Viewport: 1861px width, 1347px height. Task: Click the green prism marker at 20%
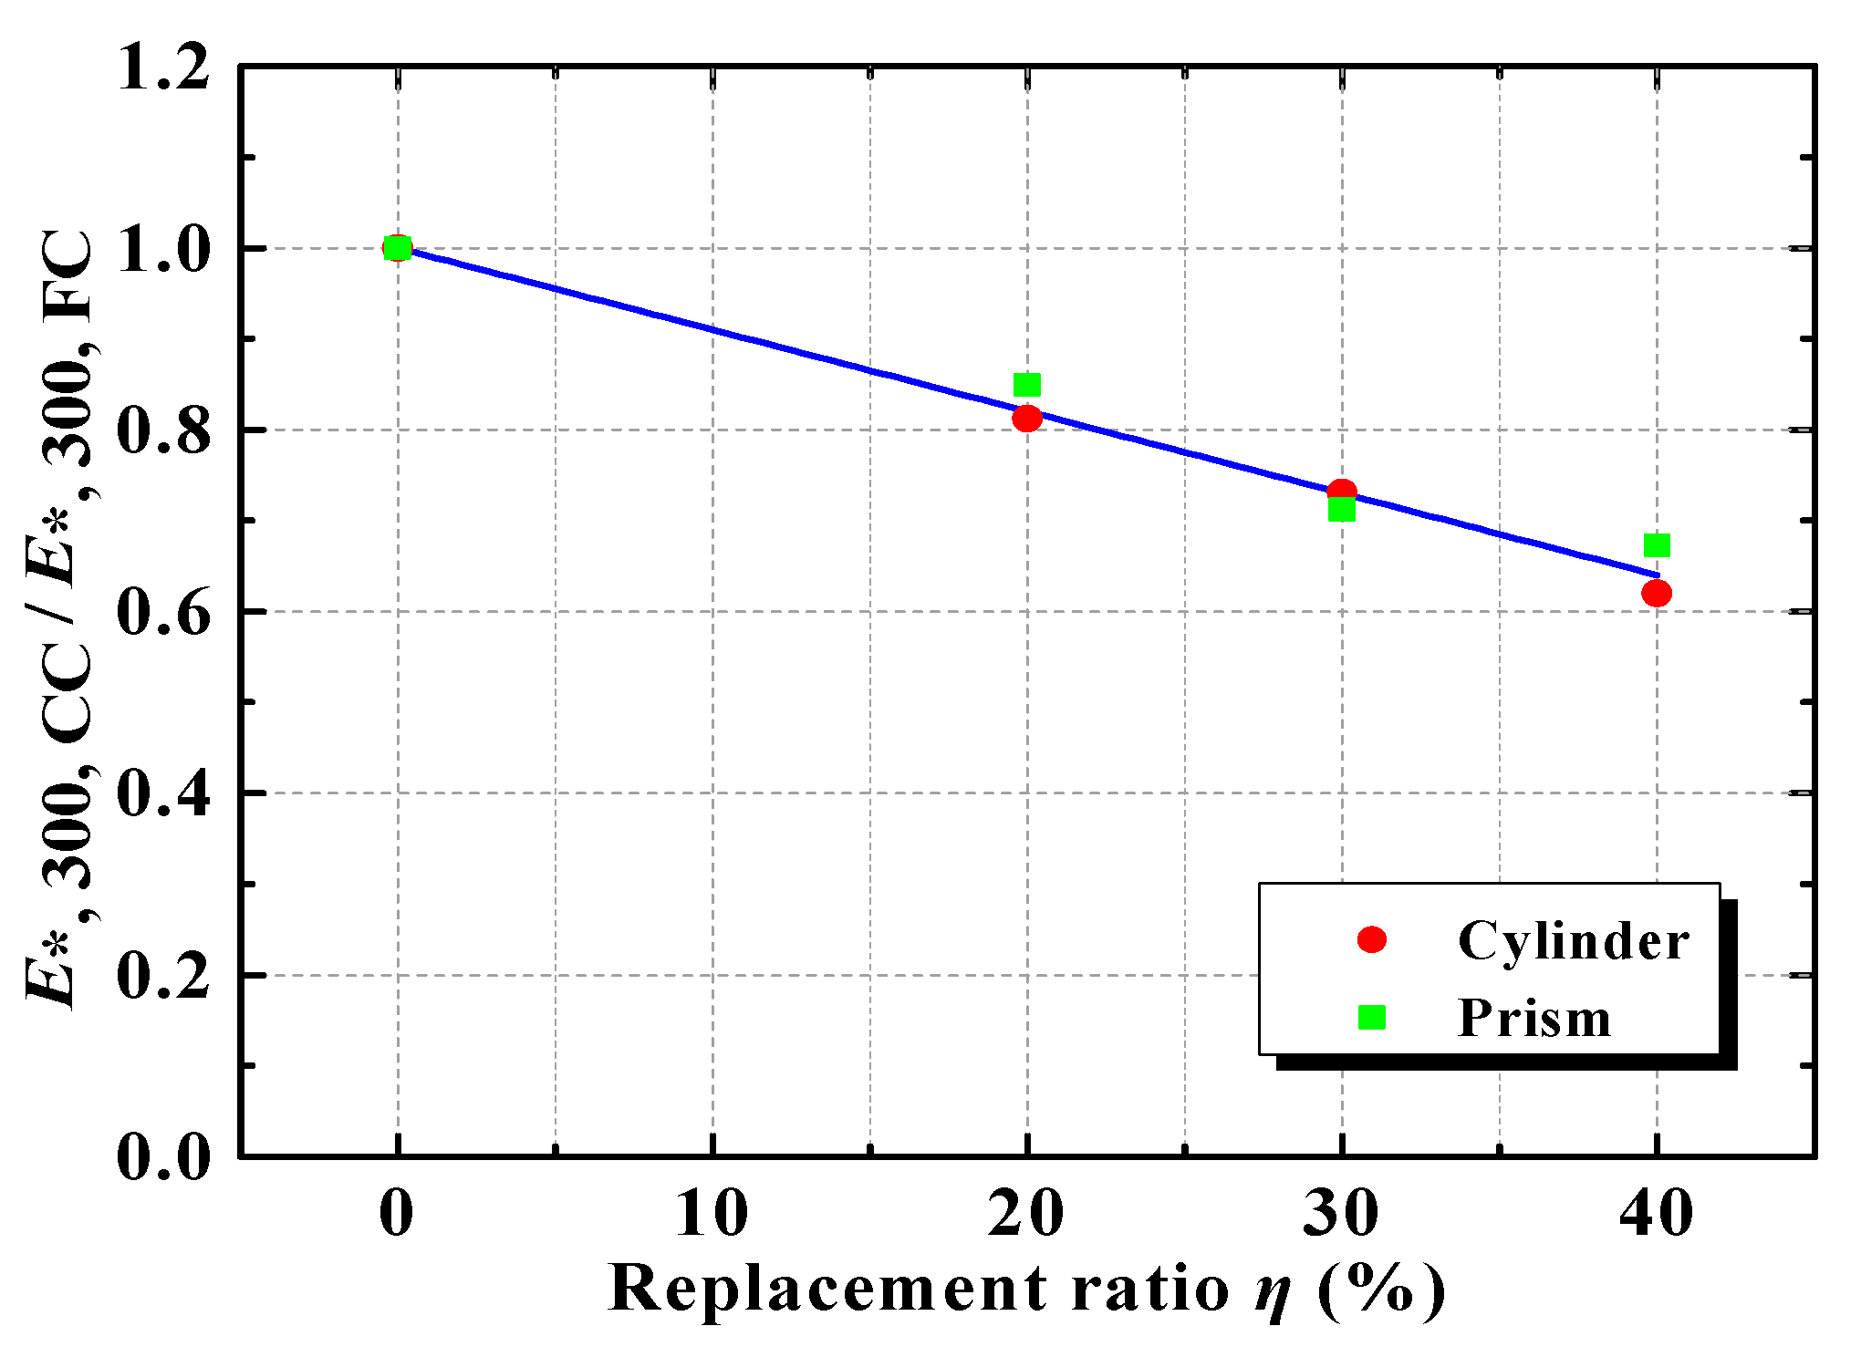[x=1027, y=385]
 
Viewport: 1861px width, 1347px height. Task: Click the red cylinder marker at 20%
[x=1027, y=419]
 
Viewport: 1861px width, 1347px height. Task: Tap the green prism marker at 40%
[x=1657, y=545]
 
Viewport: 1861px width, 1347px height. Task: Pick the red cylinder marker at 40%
[x=1657, y=594]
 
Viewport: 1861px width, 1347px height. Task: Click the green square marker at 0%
[x=398, y=248]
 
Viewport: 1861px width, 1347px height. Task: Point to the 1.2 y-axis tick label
[x=164, y=68]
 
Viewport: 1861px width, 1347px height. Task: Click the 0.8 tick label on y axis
[x=164, y=430]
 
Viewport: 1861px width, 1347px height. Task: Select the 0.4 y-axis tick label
[x=164, y=793]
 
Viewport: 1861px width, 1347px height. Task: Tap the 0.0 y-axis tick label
[x=164, y=1156]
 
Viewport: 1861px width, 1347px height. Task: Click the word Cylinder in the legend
[x=1574, y=940]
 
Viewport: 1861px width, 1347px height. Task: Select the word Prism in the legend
[x=1534, y=1018]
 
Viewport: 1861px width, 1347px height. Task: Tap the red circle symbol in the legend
[x=1372, y=939]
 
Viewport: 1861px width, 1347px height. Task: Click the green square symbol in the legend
[x=1372, y=1017]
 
